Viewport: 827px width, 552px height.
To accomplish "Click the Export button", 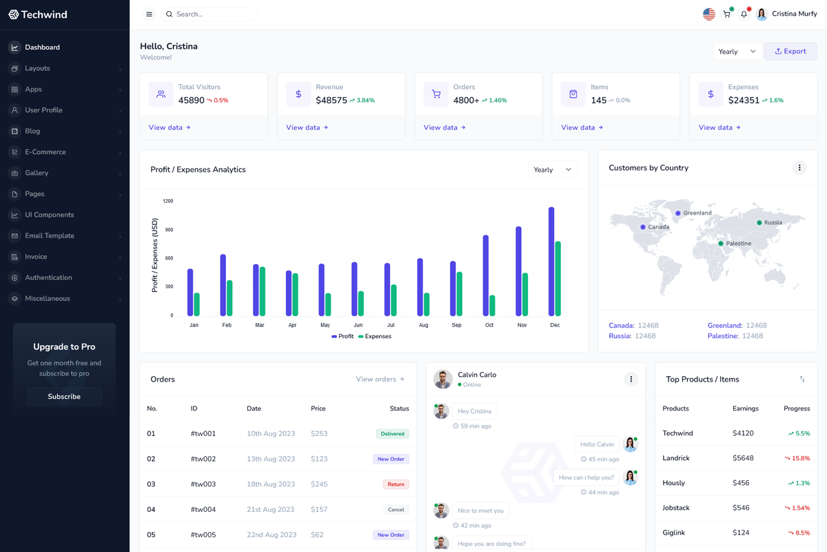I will tap(790, 51).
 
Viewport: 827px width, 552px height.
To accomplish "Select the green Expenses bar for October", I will tap(492, 306).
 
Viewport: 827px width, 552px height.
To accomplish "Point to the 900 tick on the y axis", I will tap(167, 230).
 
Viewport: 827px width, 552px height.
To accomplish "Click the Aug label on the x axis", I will tap(423, 325).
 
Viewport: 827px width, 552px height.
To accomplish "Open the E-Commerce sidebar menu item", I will tap(45, 152).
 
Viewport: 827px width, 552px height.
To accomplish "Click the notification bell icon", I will tap(744, 14).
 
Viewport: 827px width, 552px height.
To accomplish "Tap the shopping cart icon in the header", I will tap(726, 14).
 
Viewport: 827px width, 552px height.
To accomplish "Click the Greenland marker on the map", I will tap(678, 213).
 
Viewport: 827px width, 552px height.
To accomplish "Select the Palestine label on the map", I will tap(738, 244).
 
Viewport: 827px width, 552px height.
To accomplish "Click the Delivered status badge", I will tap(392, 434).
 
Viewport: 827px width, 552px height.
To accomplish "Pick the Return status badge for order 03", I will tap(396, 484).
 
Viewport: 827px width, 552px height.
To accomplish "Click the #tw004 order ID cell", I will tap(203, 509).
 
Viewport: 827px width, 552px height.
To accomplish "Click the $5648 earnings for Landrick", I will tap(743, 458).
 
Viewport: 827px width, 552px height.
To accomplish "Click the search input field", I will tap(214, 14).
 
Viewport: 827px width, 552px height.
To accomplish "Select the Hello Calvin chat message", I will tap(597, 444).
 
